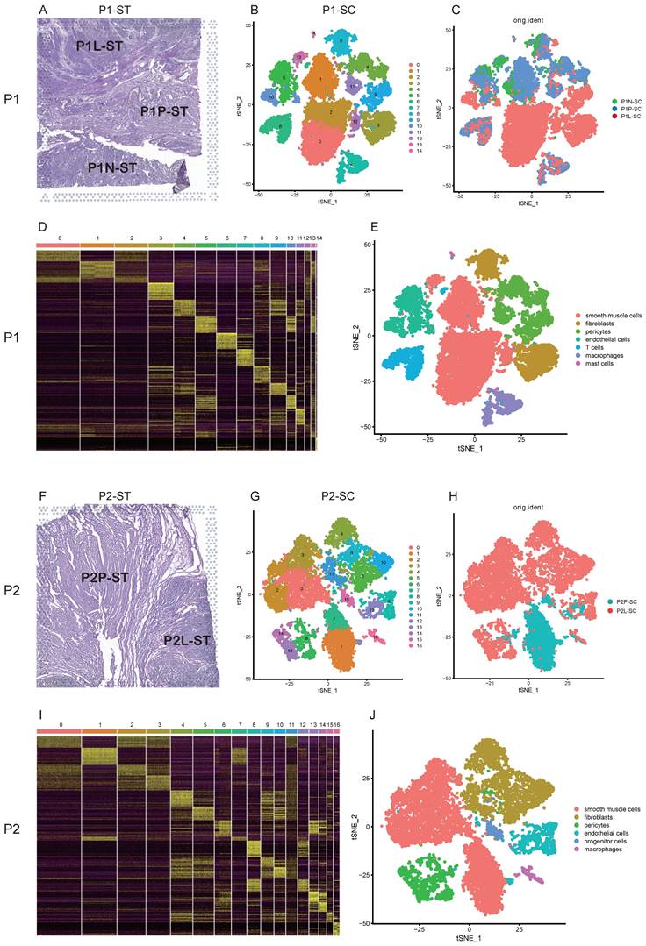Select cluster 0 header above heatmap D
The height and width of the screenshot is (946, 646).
pos(59,238)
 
